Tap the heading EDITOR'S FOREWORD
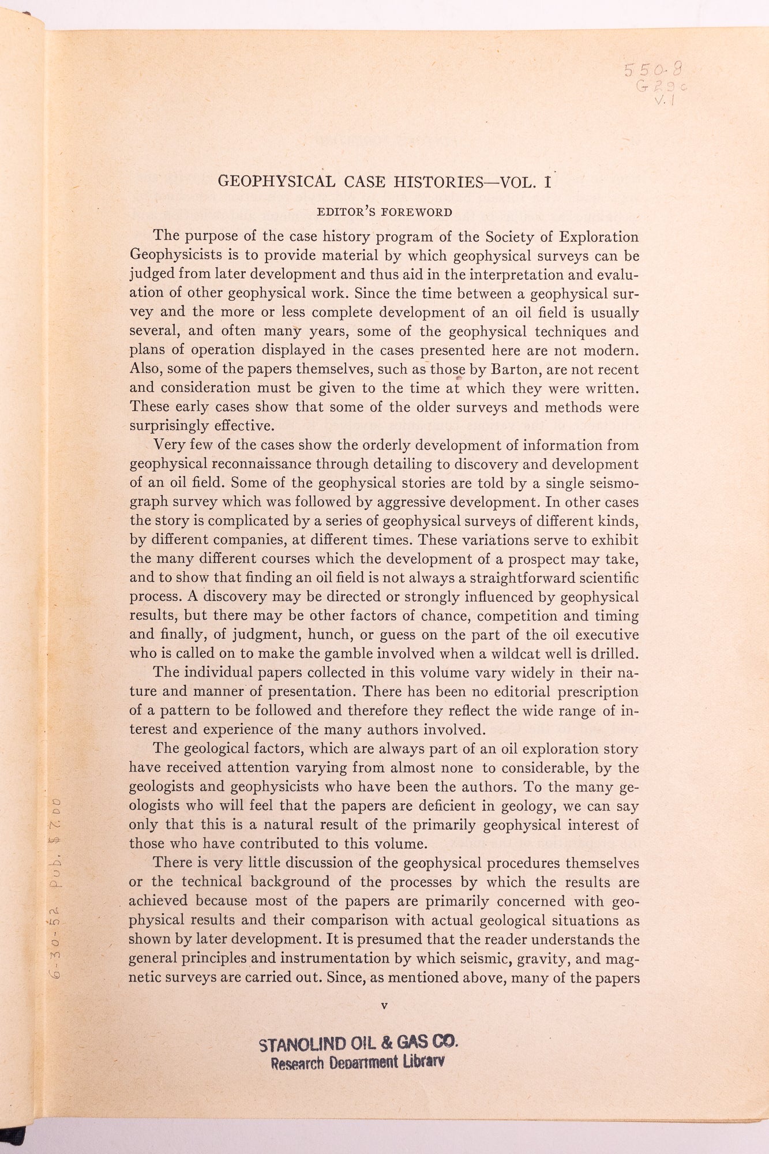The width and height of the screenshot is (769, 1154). click(384, 212)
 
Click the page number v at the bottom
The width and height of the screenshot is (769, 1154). click(384, 1006)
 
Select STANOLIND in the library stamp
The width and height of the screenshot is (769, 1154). click(302, 1045)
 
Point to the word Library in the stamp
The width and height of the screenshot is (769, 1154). click(423, 1061)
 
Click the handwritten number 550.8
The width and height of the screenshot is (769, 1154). click(654, 71)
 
